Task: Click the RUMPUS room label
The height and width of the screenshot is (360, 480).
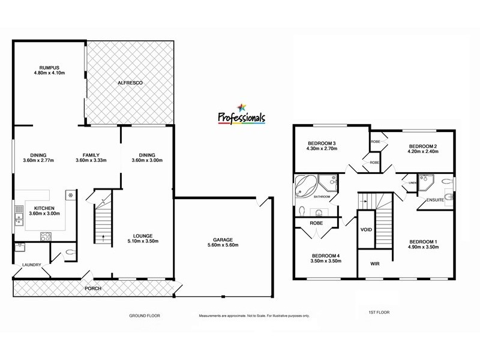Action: pos(49,68)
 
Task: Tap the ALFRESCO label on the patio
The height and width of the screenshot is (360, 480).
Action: pos(128,82)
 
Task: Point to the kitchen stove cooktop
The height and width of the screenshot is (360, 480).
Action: pos(46,235)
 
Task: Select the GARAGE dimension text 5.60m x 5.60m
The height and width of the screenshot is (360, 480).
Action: pos(223,245)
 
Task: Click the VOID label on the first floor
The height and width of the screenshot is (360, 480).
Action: pos(367,230)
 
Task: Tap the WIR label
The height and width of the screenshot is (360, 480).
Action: pos(376,263)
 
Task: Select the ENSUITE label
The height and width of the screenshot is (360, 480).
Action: pos(435,199)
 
